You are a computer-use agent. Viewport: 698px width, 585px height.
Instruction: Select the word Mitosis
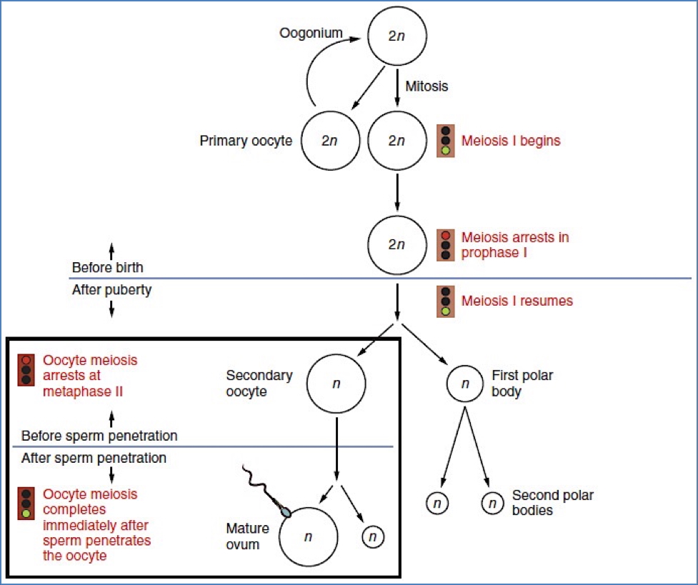pos(426,86)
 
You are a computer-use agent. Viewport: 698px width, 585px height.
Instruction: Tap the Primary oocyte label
pos(245,141)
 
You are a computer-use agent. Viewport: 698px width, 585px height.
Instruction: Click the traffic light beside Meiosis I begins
pos(446,141)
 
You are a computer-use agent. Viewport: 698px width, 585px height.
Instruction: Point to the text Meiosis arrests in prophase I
pos(514,244)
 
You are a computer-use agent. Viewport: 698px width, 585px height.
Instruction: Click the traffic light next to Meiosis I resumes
pos(446,301)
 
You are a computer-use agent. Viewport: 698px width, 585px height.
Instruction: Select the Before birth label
pos(107,268)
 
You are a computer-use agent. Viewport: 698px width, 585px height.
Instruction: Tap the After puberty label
pos(111,291)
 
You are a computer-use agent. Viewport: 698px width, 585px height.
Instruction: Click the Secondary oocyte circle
pos(336,384)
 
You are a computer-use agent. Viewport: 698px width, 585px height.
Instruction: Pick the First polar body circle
pos(465,384)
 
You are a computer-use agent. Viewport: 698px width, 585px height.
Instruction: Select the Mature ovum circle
pos(308,537)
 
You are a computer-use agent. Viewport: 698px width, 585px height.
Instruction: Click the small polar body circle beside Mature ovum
pos(374,536)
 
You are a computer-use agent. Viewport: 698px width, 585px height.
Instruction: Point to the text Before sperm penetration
pos(99,436)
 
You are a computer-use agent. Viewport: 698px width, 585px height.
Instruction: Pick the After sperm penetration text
pos(94,458)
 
